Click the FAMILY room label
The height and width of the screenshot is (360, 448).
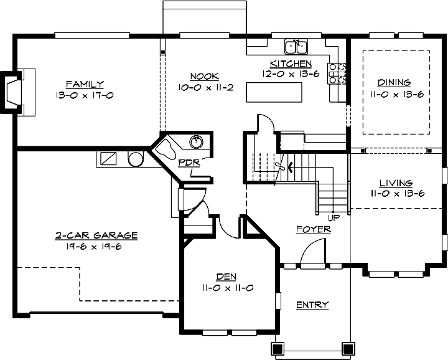(85, 84)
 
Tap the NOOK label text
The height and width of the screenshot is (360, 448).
(205, 76)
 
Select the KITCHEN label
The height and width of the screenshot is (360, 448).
(291, 64)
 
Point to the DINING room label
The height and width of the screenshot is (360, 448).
(394, 82)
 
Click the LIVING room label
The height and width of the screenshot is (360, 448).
(396, 183)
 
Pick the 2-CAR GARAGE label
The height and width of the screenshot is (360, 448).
(96, 235)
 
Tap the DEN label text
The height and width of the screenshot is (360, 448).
(226, 277)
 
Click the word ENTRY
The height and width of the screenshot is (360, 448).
(312, 305)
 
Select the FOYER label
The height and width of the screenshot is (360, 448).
(313, 229)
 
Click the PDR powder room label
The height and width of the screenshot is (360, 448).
(189, 163)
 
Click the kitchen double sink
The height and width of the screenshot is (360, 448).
(296, 47)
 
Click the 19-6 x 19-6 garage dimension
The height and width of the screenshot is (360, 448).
(96, 245)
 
